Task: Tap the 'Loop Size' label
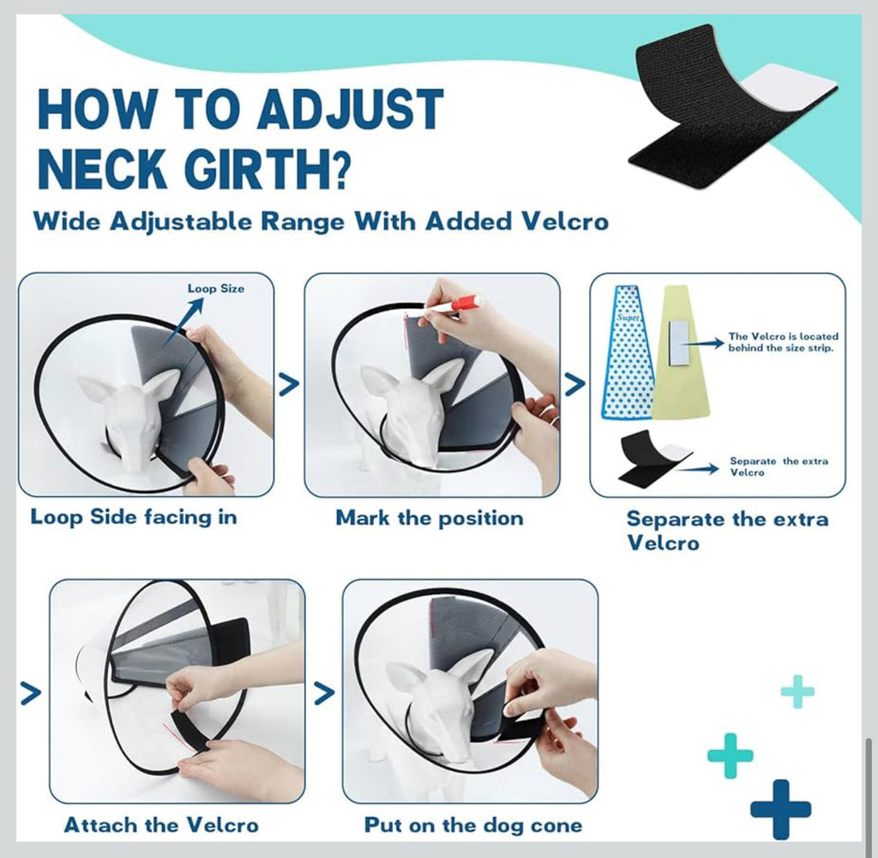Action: tap(215, 288)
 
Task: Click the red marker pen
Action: tap(454, 305)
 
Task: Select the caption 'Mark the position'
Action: tap(430, 518)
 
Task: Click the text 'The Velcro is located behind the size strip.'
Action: tap(783, 341)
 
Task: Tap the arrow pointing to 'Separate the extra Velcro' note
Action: tap(698, 468)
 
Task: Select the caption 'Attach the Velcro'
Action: tap(161, 825)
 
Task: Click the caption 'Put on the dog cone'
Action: tap(473, 825)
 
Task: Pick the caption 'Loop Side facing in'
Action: tap(134, 517)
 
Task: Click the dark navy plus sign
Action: tap(780, 809)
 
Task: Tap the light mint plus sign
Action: tap(797, 692)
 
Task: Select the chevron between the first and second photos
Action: tap(289, 384)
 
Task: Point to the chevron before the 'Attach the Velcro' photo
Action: tap(31, 692)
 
